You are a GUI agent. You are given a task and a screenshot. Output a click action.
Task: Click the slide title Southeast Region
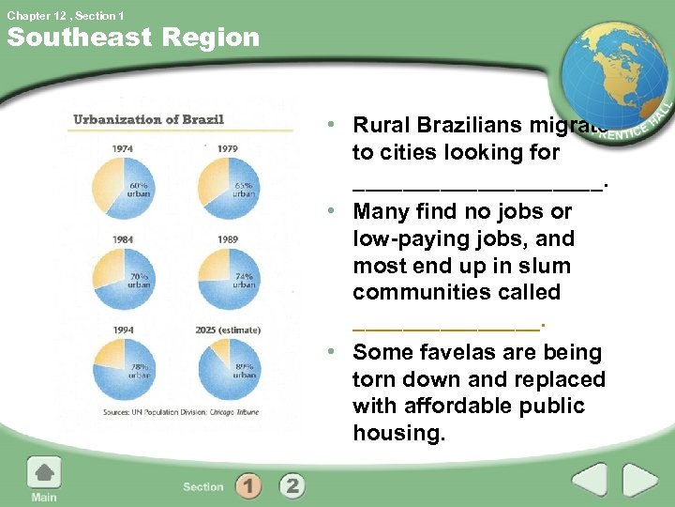pos(132,38)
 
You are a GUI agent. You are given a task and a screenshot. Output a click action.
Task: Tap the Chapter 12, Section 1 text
pos(63,15)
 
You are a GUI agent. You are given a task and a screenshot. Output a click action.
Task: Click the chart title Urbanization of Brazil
pos(149,119)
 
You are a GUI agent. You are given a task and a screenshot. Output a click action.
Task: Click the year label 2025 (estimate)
pos(228,330)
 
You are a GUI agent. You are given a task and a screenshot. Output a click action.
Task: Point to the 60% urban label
pos(138,190)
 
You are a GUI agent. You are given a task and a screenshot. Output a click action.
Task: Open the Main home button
pos(43,480)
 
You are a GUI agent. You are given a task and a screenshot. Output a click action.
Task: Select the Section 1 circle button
pos(248,485)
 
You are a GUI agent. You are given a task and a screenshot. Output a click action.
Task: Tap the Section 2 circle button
pos(292,485)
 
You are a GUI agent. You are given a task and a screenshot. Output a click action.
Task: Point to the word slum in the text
pos(536,266)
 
